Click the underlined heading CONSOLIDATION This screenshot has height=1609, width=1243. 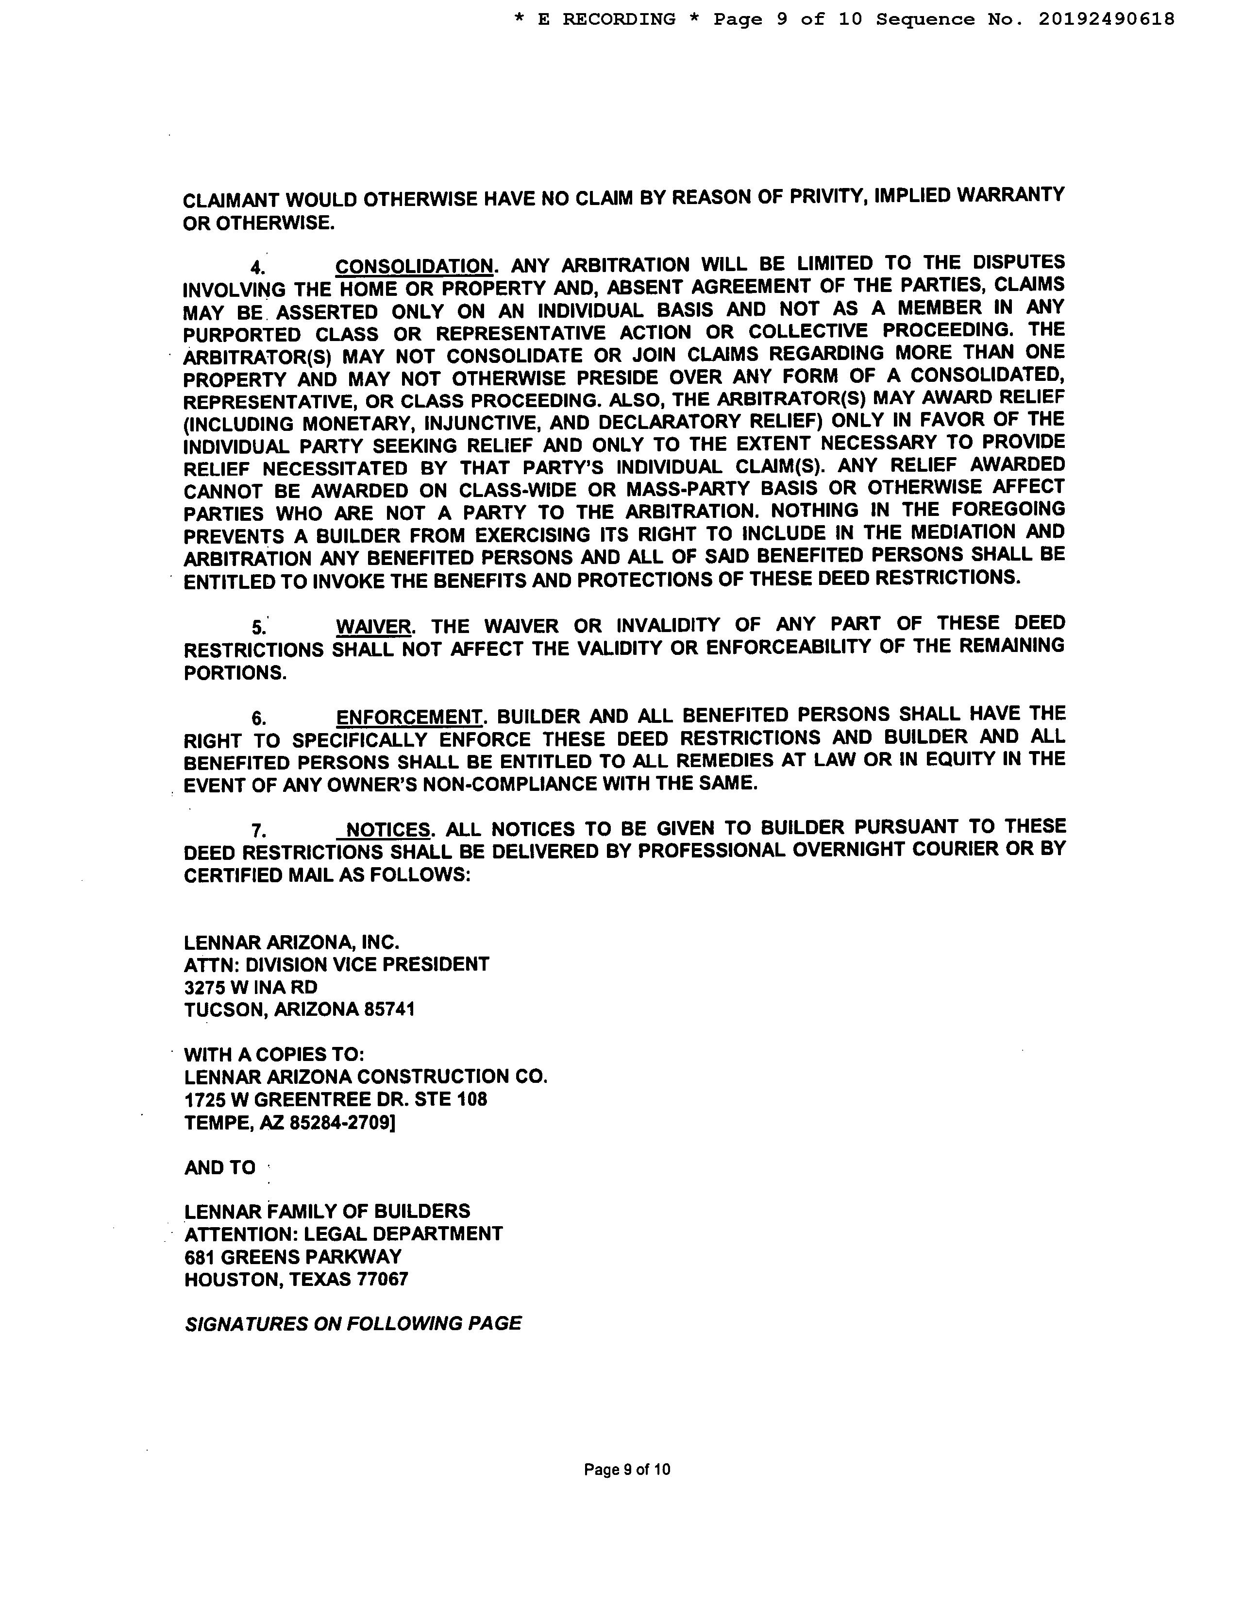(x=414, y=266)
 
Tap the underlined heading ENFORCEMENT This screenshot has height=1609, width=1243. (x=409, y=717)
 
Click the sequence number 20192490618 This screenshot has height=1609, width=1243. (x=1107, y=20)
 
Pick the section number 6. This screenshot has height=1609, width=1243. (x=258, y=719)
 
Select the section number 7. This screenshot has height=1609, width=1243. (x=258, y=831)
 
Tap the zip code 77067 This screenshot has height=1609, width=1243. (x=382, y=1280)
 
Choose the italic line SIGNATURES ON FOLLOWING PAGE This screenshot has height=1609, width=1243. (x=353, y=1324)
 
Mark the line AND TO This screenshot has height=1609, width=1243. (x=219, y=1168)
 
